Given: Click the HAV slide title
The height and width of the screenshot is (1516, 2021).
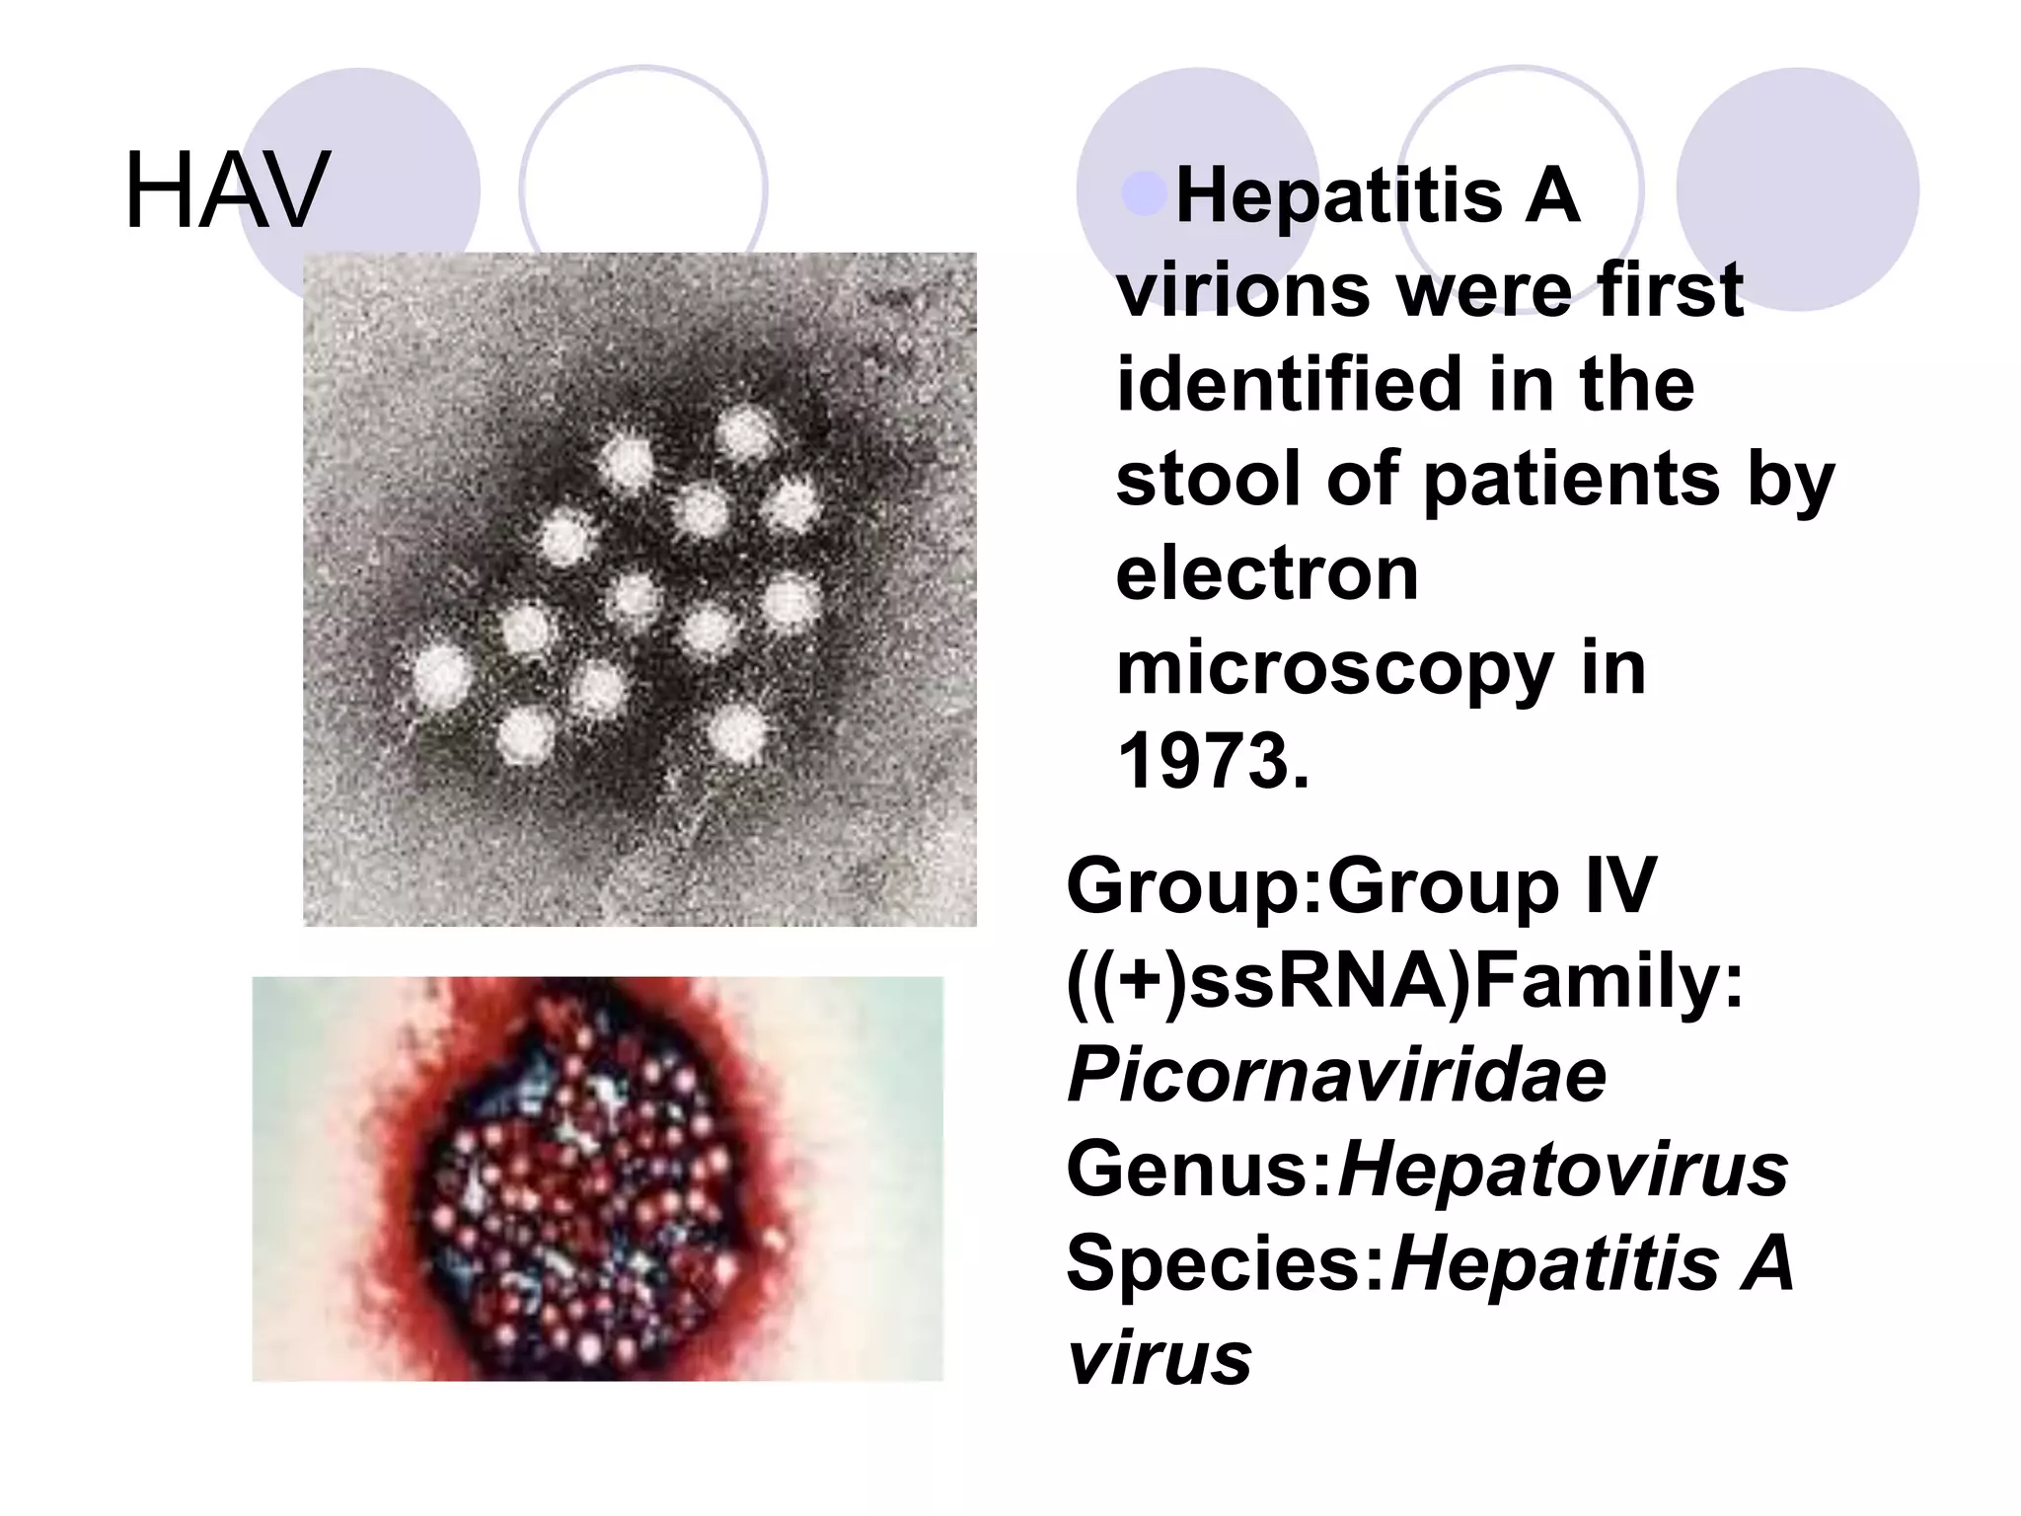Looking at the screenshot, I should point(227,190).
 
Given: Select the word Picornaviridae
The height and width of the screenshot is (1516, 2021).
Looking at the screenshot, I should point(1336,1075).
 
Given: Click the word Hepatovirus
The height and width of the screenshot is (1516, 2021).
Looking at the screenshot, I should point(1562,1169).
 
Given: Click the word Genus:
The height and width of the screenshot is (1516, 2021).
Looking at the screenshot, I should point(1200,1169).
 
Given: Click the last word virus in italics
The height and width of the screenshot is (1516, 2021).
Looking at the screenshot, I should point(1160,1358).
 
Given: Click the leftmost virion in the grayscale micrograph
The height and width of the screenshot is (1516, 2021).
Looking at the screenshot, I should point(441,675).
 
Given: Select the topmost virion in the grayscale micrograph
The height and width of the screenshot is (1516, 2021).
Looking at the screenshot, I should point(744,434).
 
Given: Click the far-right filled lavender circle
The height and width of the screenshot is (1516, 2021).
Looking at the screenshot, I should point(1797,189).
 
